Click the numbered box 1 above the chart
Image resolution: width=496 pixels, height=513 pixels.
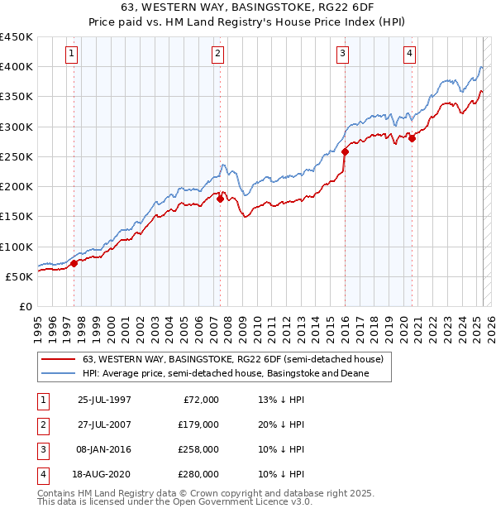point(72,55)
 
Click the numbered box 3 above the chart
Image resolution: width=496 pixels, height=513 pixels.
point(342,55)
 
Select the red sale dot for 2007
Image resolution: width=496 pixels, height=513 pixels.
point(221,199)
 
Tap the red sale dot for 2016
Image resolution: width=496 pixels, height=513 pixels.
point(345,151)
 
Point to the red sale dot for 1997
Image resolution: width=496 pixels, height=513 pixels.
point(74,263)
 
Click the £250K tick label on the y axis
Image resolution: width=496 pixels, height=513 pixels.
point(16,156)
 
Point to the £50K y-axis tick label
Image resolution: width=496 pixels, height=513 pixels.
point(19,276)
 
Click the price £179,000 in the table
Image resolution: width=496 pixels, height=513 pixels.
point(198,424)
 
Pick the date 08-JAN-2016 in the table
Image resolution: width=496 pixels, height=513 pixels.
point(104,449)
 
